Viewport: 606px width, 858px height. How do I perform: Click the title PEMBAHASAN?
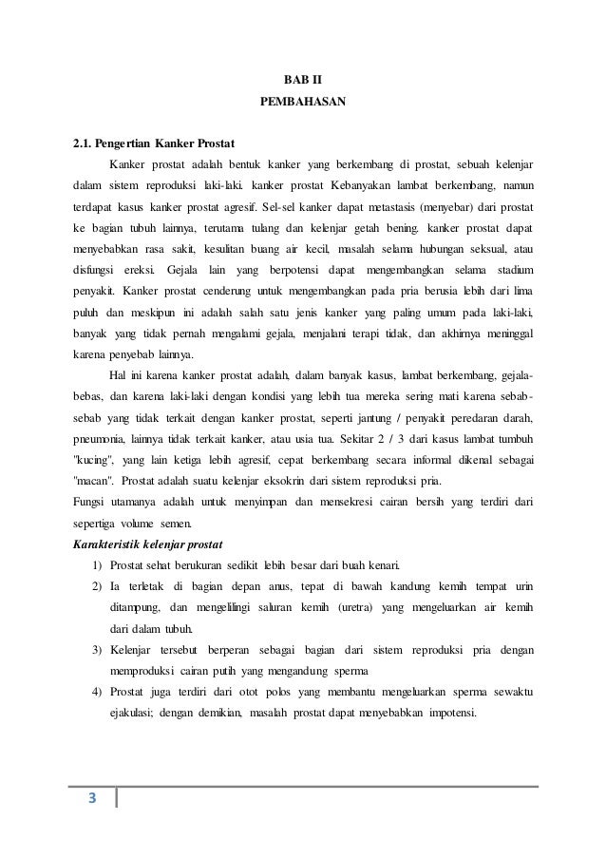(x=303, y=100)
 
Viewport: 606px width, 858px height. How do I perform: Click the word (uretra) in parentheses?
(x=380, y=608)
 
